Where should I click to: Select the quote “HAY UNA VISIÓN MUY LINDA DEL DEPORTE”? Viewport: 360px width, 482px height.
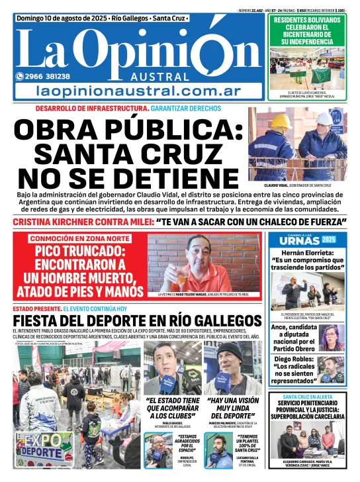[x=234, y=409]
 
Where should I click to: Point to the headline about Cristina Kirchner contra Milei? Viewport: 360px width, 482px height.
[x=179, y=222]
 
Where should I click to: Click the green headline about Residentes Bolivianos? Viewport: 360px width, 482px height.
[x=306, y=31]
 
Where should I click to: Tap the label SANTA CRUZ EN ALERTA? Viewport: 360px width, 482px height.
[x=306, y=397]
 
